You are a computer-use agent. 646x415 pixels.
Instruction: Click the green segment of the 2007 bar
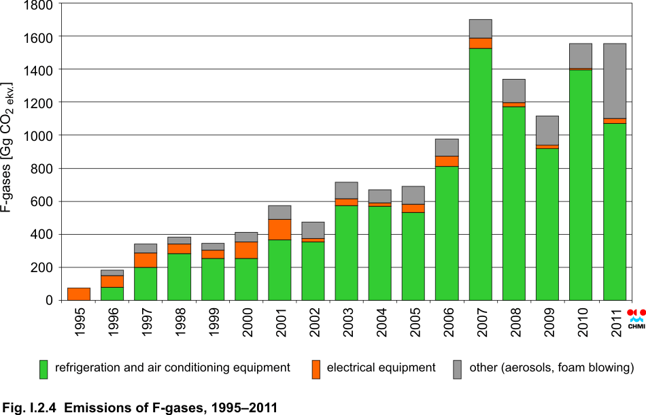click(480, 173)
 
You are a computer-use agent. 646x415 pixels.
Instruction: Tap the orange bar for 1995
click(79, 294)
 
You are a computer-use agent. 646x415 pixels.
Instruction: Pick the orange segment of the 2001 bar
click(279, 230)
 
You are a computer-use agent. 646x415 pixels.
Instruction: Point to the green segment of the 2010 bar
click(580, 184)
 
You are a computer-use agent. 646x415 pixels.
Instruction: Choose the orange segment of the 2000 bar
click(246, 250)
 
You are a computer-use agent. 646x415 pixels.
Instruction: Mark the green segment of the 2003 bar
click(346, 252)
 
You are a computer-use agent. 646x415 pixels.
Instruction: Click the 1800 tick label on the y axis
click(38, 5)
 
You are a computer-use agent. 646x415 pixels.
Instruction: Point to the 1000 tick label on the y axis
click(38, 135)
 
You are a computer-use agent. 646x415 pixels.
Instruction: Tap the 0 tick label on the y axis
click(49, 300)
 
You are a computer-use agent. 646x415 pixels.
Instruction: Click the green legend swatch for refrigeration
click(44, 369)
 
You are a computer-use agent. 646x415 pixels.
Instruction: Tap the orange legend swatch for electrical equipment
click(315, 369)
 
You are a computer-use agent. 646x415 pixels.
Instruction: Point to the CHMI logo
click(636, 318)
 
